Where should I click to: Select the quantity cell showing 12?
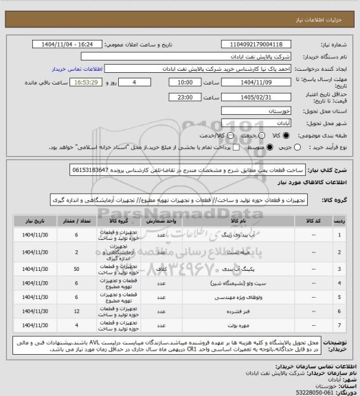point(75,311)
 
